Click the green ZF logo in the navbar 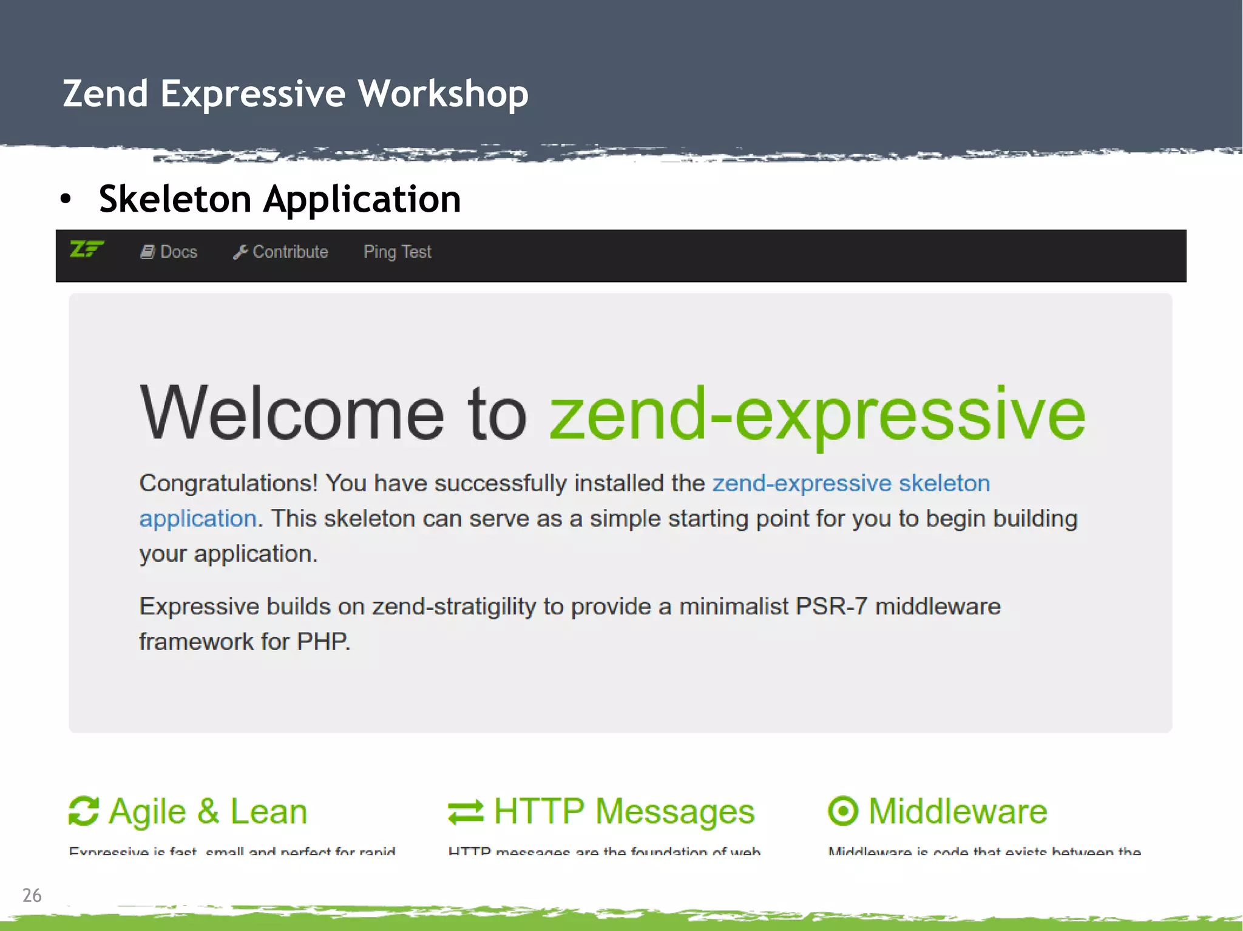[x=87, y=249]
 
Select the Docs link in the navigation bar [x=178, y=252]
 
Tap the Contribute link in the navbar [x=290, y=252]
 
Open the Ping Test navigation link [x=397, y=252]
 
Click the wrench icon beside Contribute [x=240, y=252]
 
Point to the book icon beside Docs [x=147, y=252]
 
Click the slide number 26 [x=32, y=895]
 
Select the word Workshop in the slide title [x=443, y=93]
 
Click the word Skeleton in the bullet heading [x=175, y=199]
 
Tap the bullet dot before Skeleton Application [x=66, y=199]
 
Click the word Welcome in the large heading [x=292, y=414]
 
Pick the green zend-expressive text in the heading [x=817, y=414]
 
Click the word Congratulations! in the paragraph [x=228, y=483]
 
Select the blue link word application [x=198, y=519]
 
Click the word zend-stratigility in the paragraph [x=454, y=607]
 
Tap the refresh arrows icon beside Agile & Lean [x=84, y=812]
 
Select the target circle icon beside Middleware [x=843, y=811]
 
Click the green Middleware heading [x=958, y=811]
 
